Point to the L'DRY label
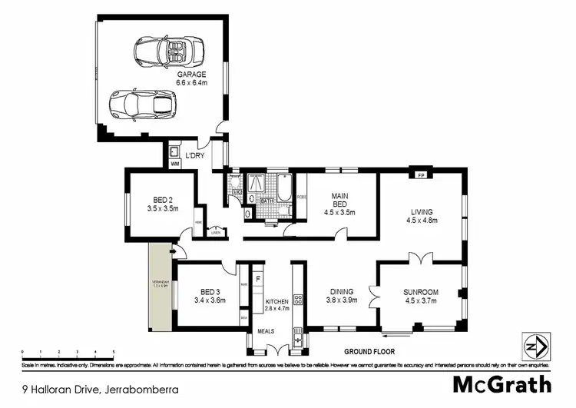click(x=195, y=156)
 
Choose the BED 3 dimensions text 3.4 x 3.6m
click(x=210, y=300)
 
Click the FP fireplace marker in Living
click(x=420, y=175)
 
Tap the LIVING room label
click(x=421, y=212)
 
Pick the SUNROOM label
click(x=420, y=292)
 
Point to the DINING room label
click(x=342, y=291)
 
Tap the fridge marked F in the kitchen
click(x=258, y=279)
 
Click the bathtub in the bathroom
click(x=284, y=191)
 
